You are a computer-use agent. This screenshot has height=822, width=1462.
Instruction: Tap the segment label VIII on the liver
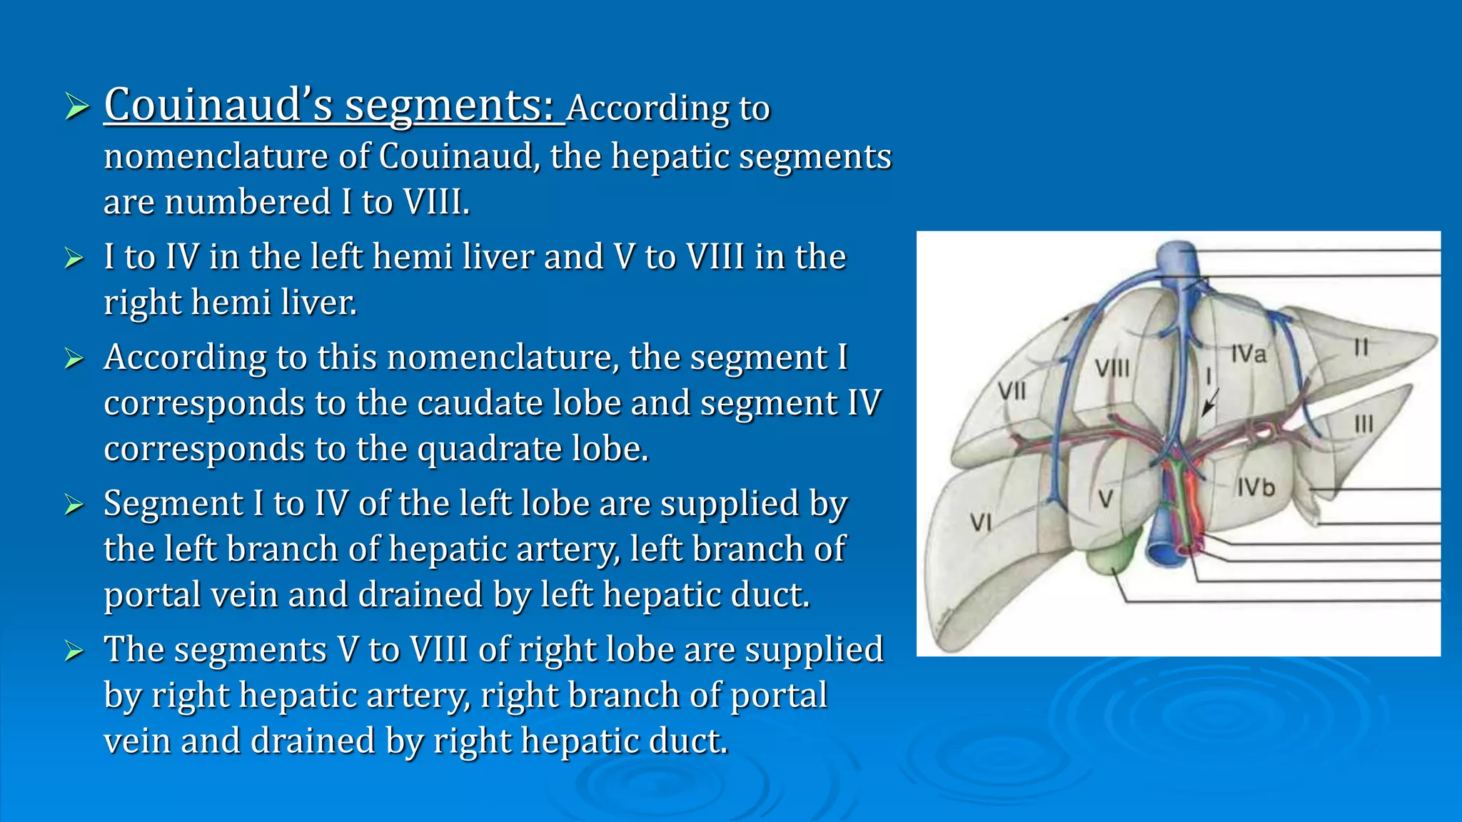tap(1112, 368)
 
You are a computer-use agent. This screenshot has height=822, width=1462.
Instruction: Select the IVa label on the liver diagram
tap(1248, 354)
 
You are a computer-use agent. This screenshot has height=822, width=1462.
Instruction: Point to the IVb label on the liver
tap(1256, 487)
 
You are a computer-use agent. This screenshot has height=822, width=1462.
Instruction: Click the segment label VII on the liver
tap(1012, 391)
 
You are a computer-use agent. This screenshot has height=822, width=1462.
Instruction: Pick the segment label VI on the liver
tap(981, 523)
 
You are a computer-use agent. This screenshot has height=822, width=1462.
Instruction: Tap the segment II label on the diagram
tap(1361, 347)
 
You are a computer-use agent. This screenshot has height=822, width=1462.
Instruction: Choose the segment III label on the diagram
tap(1363, 425)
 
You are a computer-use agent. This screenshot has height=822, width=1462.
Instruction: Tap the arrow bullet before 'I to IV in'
tap(74, 258)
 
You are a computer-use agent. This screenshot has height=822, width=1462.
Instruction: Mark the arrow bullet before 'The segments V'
tap(74, 651)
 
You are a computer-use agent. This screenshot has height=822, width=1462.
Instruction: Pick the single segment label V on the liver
tap(1105, 499)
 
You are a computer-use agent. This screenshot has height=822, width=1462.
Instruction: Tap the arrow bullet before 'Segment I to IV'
tap(74, 504)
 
